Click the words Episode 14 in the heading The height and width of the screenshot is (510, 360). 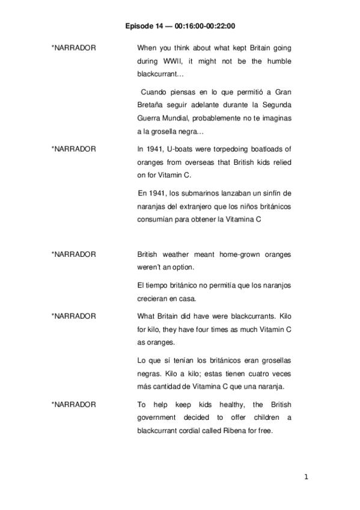coord(144,26)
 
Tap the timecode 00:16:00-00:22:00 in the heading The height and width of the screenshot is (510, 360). coord(205,26)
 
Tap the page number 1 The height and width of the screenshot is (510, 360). coord(306,478)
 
